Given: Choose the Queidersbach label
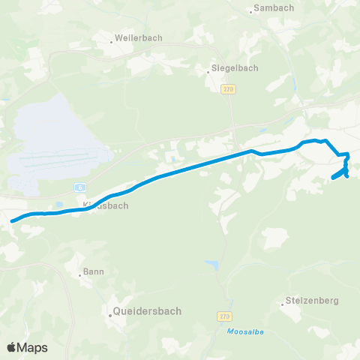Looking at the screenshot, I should coord(145,309).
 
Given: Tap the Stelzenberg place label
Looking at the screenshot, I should coord(313,301).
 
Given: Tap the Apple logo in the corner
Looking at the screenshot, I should coord(11,347).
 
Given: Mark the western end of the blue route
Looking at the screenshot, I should coord(13,220).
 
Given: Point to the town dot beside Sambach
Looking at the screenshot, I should coord(250,11).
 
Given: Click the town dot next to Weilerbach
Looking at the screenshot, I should coord(111,42).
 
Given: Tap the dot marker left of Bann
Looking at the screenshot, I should coord(80,274).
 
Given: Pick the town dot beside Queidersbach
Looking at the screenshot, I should coord(109,315).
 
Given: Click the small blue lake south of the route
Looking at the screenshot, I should coord(211,265).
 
